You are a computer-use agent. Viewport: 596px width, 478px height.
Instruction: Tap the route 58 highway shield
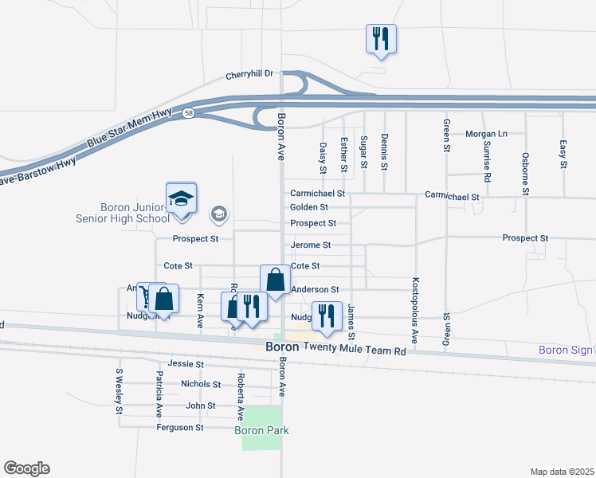188,114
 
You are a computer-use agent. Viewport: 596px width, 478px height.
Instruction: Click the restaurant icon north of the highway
381,39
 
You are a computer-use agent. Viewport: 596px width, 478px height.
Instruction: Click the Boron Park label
261,431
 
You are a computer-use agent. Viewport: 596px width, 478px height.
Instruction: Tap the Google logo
26,468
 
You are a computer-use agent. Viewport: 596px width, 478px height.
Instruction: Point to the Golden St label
309,207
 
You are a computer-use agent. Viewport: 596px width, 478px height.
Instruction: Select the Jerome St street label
311,245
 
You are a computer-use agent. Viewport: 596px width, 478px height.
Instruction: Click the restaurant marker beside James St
326,316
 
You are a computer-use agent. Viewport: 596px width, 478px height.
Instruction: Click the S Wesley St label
119,391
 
